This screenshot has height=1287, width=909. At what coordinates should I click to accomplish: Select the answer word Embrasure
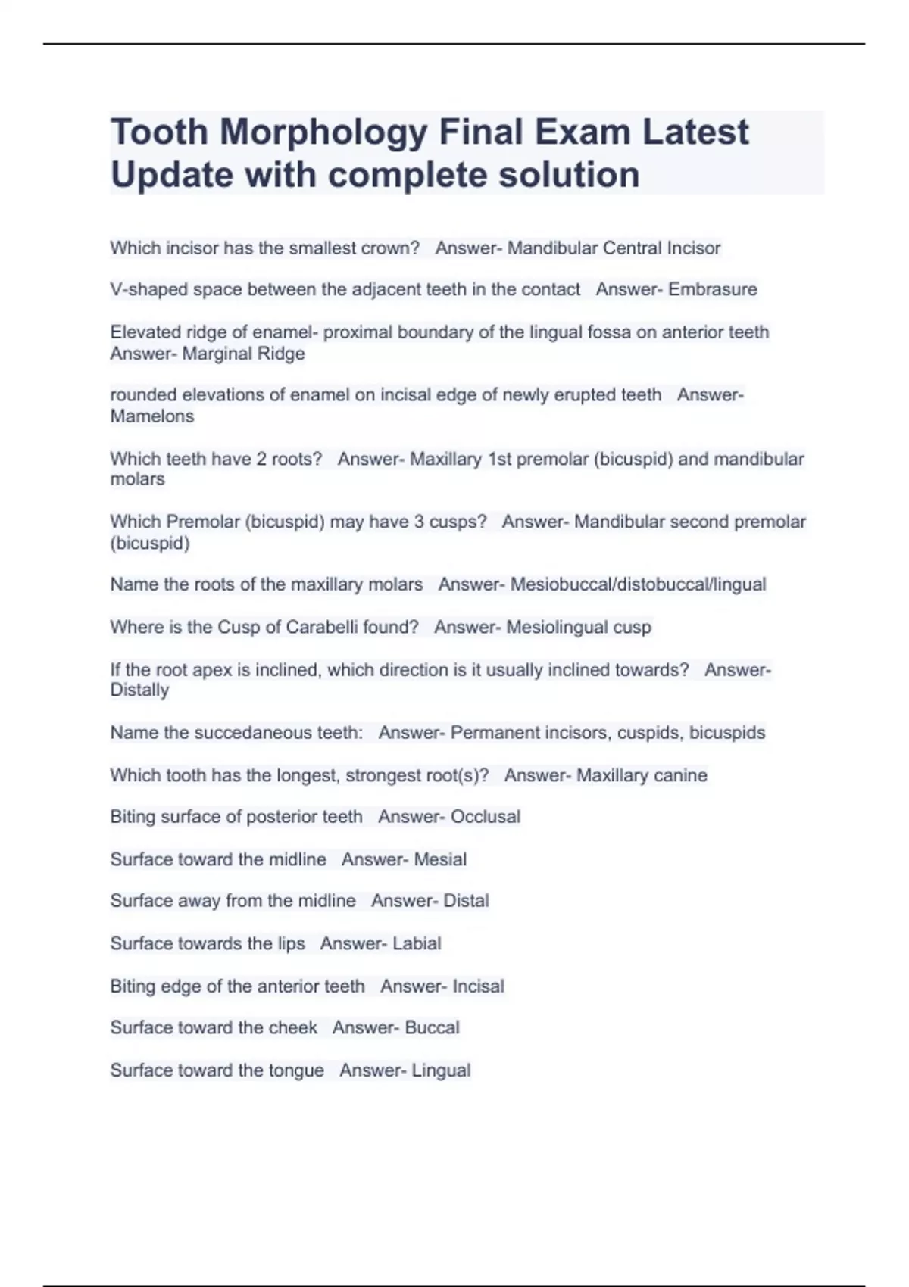(713, 289)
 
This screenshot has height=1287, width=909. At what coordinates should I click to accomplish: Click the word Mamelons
(152, 416)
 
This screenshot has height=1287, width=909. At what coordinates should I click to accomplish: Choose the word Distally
(139, 690)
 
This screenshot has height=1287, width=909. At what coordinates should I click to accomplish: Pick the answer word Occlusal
(486, 817)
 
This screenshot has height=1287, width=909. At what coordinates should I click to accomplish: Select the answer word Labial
(417, 943)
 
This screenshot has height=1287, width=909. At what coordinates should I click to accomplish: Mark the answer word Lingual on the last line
(441, 1070)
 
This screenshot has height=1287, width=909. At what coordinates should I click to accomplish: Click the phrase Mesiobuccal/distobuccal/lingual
(638, 584)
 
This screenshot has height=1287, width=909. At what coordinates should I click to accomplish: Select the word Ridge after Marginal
(281, 354)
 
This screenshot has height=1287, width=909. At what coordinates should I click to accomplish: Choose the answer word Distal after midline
(466, 901)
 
